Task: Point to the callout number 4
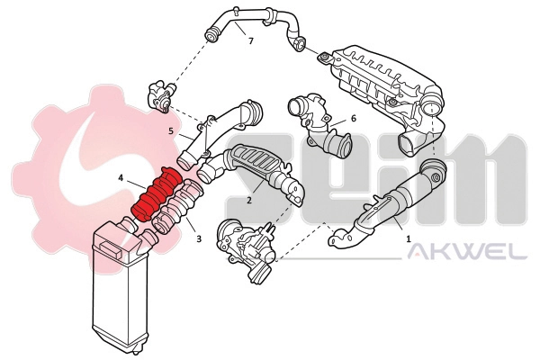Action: coord(120,178)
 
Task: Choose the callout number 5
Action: coord(170,130)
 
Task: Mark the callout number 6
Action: coord(353,118)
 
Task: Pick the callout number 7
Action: coord(250,41)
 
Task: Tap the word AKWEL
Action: coord(466,253)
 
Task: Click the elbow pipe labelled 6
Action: coord(319,126)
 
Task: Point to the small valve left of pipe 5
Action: coord(162,97)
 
